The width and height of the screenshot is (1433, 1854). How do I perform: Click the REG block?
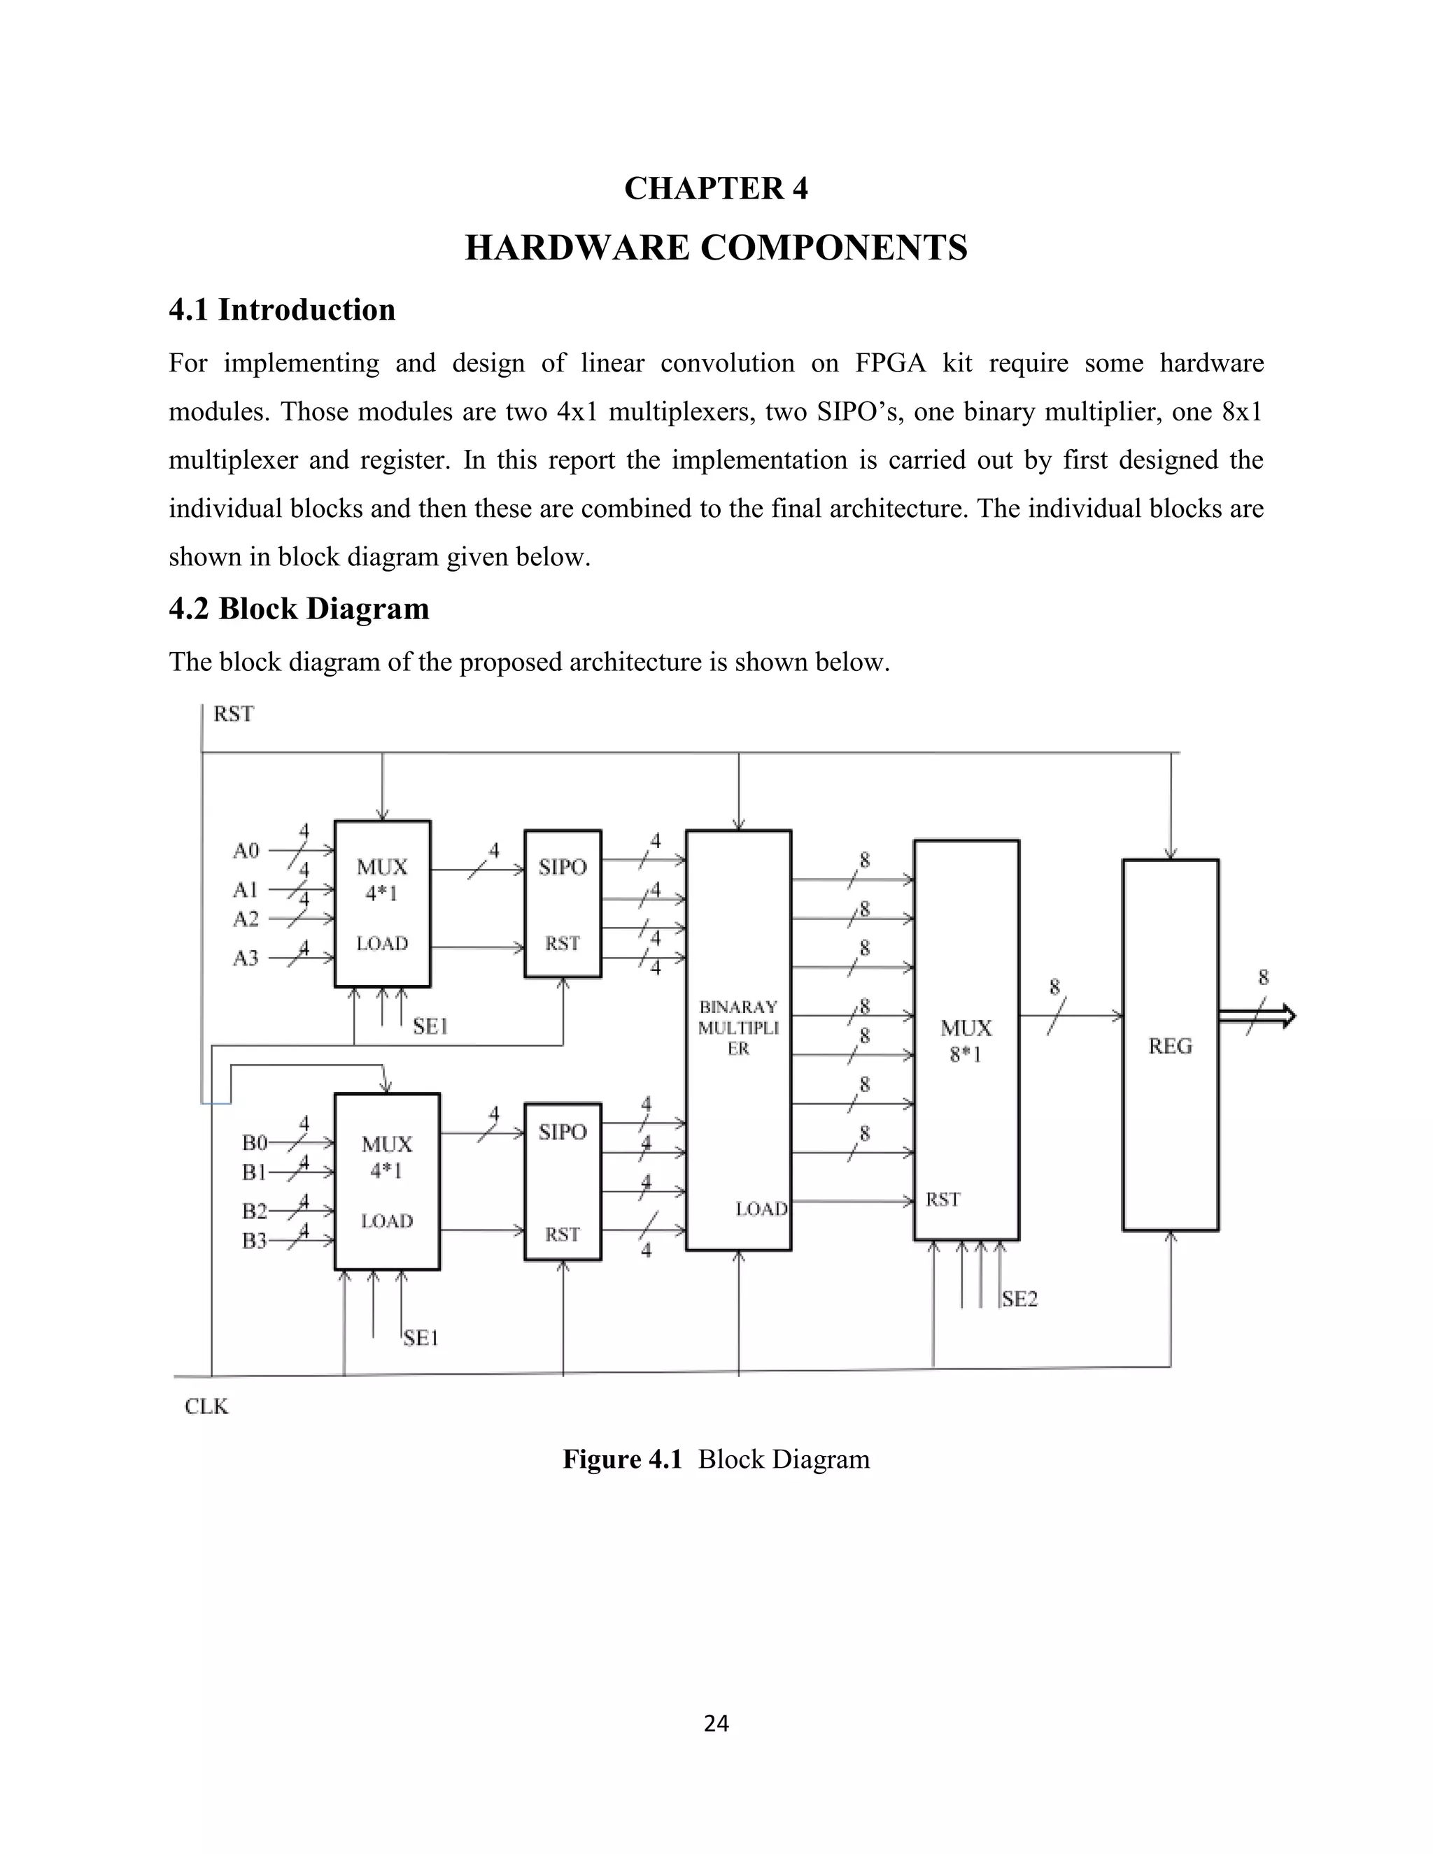click(x=1170, y=1045)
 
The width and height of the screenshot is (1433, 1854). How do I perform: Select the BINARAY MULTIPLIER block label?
click(x=737, y=1027)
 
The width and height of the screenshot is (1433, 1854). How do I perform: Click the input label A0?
click(x=246, y=850)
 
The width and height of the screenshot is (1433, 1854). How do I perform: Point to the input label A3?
click(x=246, y=958)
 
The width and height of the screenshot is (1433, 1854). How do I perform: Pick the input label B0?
click(x=254, y=1142)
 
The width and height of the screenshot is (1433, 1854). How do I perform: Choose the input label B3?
click(x=254, y=1240)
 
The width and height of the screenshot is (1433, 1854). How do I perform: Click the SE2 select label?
click(x=1019, y=1298)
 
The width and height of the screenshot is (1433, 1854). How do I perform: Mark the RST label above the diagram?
click(x=232, y=714)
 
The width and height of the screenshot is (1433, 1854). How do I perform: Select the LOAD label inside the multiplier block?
click(x=761, y=1209)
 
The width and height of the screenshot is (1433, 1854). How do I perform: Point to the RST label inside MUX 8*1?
click(x=943, y=1199)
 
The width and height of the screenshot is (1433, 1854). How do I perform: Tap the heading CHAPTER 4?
click(x=716, y=188)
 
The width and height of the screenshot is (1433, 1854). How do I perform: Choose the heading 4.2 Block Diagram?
click(x=299, y=609)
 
